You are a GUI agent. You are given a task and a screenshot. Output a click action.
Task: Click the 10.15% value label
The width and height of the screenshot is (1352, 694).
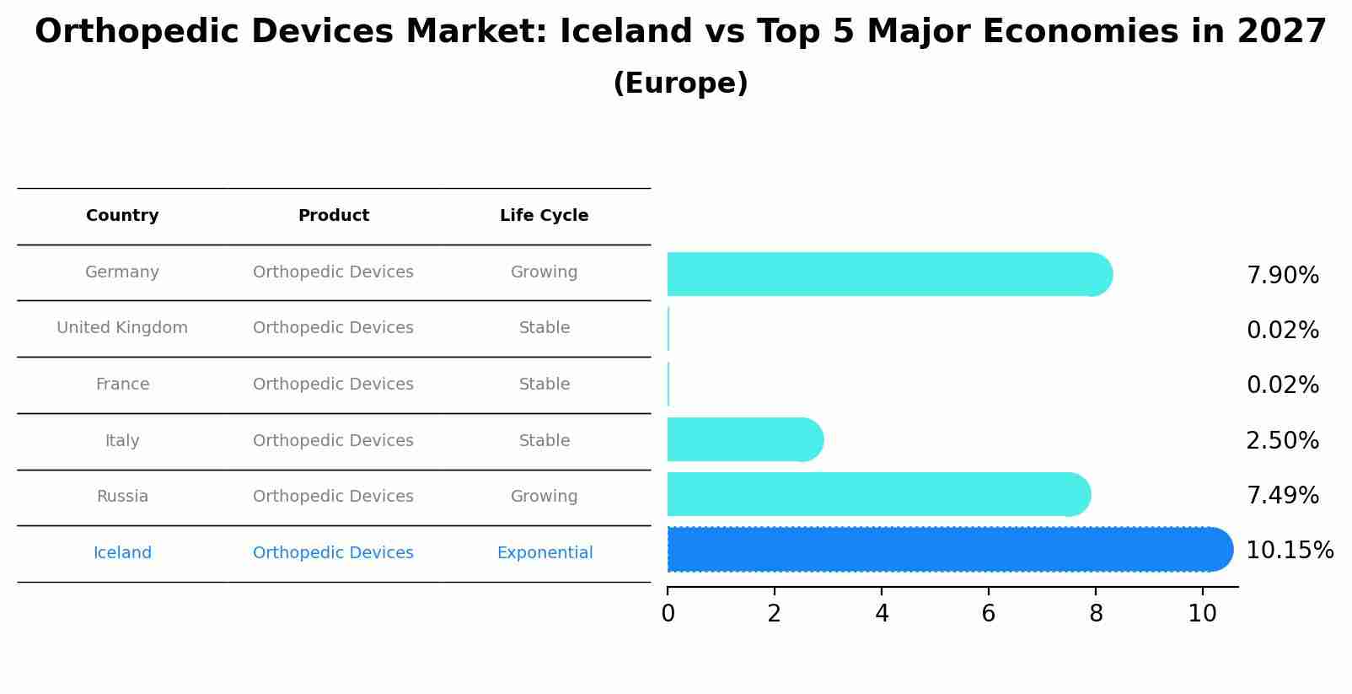(x=1289, y=551)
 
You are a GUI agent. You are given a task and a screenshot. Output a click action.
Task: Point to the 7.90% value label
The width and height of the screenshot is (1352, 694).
(x=1282, y=276)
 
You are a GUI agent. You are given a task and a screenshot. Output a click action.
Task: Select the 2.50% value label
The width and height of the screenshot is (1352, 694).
(x=1282, y=441)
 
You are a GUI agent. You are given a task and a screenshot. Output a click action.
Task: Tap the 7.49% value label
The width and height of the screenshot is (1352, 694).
(x=1282, y=496)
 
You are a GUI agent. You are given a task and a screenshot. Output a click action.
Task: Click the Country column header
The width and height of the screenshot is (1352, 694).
(x=122, y=216)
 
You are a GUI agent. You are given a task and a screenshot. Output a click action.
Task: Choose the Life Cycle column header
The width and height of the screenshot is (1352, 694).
(x=544, y=216)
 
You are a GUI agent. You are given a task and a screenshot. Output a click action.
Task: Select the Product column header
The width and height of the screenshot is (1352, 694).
(x=333, y=216)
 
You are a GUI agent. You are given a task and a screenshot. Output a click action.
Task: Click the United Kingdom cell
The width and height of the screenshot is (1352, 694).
(x=122, y=328)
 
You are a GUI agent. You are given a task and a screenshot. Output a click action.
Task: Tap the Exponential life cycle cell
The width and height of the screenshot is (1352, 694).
(x=545, y=553)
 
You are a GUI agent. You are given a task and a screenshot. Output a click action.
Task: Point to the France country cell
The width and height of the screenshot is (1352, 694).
(x=122, y=385)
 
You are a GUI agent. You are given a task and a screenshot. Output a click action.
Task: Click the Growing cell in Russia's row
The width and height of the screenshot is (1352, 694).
(x=544, y=497)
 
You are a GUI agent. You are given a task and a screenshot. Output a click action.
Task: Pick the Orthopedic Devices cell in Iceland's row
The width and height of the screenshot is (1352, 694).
(x=333, y=553)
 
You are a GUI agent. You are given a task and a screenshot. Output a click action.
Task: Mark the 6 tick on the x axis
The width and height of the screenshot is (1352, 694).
(x=989, y=614)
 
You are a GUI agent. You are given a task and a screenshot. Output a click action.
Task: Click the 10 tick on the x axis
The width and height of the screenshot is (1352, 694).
(x=1202, y=614)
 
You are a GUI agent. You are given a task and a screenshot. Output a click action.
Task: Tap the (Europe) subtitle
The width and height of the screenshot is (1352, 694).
(x=680, y=83)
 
